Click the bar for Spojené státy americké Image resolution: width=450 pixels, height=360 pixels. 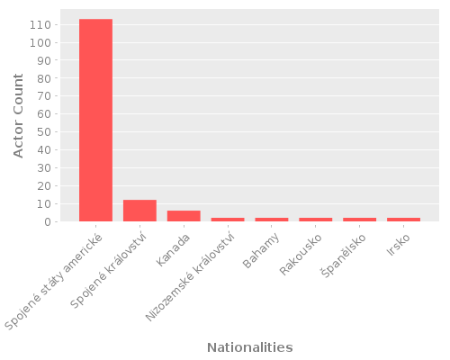point(95,121)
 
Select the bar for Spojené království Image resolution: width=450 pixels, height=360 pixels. point(139,211)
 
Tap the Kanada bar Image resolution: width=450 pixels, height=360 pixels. point(184,216)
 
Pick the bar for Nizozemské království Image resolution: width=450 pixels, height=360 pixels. point(228,220)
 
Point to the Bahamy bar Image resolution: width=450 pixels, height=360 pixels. point(272,220)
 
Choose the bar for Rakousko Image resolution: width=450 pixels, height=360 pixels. point(315,220)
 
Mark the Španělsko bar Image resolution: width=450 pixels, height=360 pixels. point(359,220)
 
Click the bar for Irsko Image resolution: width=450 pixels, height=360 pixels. point(403,220)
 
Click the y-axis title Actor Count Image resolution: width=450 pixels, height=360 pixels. point(19,116)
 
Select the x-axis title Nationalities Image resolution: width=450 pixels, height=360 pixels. point(249,347)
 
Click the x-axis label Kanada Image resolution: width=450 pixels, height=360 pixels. point(173,250)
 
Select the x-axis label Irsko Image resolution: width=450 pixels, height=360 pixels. point(397,246)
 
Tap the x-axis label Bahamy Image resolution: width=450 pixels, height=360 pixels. point(260,251)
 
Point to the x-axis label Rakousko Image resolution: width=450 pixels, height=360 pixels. point(300,255)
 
